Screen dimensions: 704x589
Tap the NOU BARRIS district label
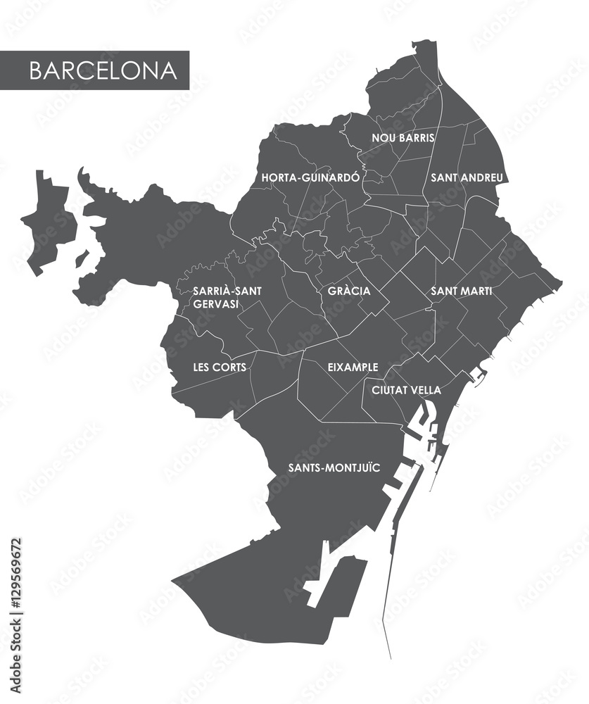point(403,138)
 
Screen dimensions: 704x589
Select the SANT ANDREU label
point(467,178)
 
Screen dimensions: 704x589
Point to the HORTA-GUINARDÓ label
point(310,178)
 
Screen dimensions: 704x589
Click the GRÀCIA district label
point(349,290)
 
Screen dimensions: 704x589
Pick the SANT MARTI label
point(462,290)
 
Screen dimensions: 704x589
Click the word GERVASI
point(215,303)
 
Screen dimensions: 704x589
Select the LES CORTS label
point(220,367)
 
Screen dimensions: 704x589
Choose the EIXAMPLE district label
point(353,367)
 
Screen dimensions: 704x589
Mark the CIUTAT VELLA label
point(407,390)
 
